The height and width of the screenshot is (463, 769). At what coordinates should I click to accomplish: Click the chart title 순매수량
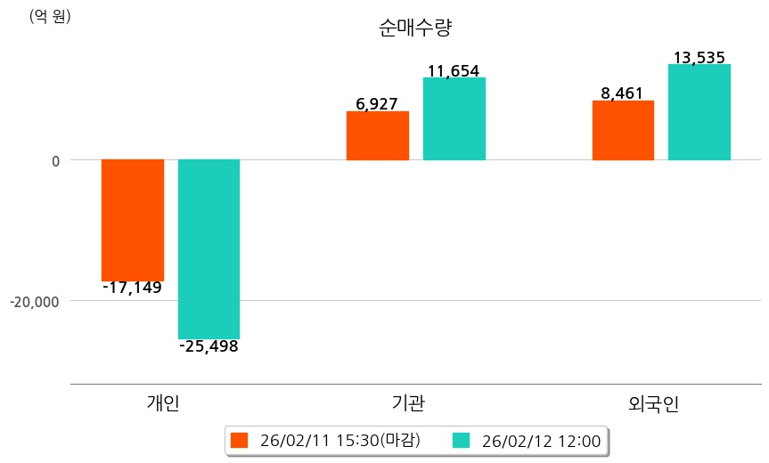pyautogui.click(x=415, y=28)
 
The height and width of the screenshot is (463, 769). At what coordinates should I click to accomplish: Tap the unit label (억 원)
pyautogui.click(x=51, y=16)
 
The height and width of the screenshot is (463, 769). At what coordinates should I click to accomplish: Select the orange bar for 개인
pyautogui.click(x=133, y=220)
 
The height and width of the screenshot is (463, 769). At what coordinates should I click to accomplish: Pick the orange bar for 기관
pyautogui.click(x=378, y=135)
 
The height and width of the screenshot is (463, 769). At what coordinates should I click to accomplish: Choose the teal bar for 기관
pyautogui.click(x=454, y=118)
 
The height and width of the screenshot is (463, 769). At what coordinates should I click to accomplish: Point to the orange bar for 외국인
pyautogui.click(x=623, y=130)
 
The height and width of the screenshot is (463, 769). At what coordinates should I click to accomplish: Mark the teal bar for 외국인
pyautogui.click(x=699, y=112)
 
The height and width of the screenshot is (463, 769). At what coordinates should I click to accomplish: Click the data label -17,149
pyautogui.click(x=132, y=288)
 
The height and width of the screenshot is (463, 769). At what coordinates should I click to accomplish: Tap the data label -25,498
pyautogui.click(x=209, y=346)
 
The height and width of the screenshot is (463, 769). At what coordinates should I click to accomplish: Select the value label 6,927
pyautogui.click(x=376, y=104)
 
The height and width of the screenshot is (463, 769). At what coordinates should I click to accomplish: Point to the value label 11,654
pyautogui.click(x=454, y=71)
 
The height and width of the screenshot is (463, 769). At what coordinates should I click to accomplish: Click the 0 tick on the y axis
pyautogui.click(x=55, y=160)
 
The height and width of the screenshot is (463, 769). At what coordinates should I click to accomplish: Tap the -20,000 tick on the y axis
pyautogui.click(x=35, y=301)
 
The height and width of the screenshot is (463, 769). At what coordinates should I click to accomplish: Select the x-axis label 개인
pyautogui.click(x=163, y=402)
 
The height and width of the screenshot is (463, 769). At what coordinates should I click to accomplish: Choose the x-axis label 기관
pyautogui.click(x=408, y=402)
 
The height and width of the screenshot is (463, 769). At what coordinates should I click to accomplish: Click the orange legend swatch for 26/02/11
pyautogui.click(x=239, y=440)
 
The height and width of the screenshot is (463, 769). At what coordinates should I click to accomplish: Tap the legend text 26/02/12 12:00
pyautogui.click(x=541, y=440)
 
